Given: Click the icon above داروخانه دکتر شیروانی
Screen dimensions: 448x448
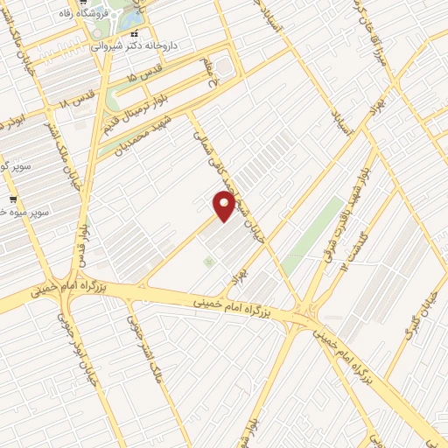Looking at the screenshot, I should point(134,32).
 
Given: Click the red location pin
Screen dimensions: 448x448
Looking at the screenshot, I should point(225,206).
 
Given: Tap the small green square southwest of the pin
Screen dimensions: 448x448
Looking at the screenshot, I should point(208,262).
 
